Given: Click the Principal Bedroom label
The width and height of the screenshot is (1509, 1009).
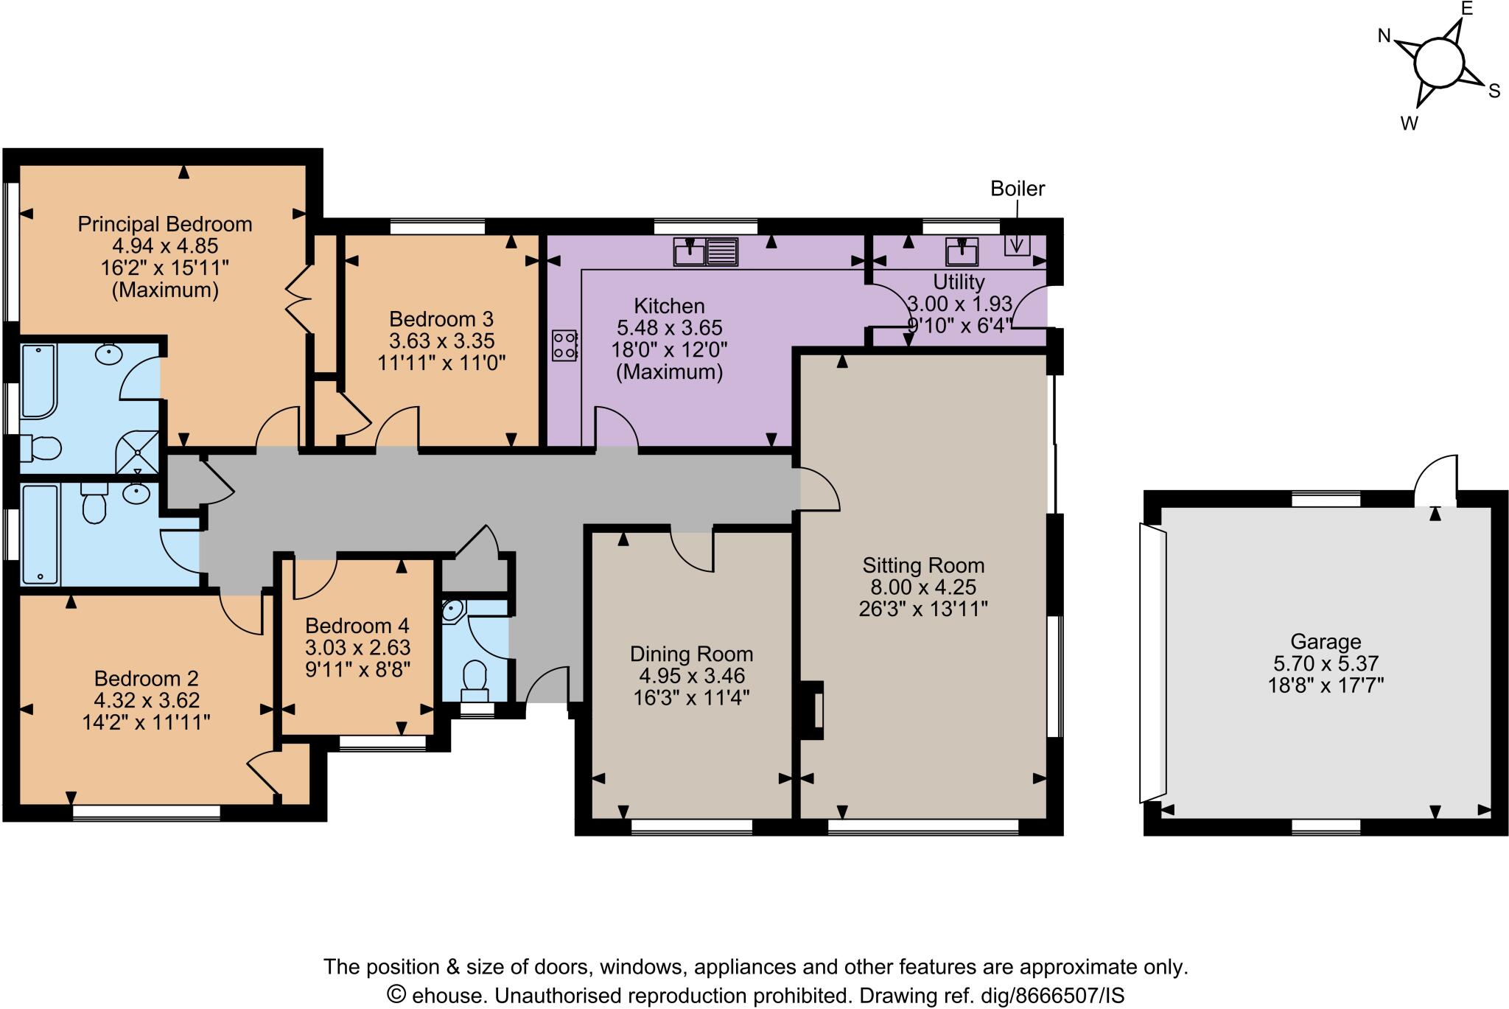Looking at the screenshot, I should (165, 224).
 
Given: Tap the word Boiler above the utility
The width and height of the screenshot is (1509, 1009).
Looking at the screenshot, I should (1017, 189).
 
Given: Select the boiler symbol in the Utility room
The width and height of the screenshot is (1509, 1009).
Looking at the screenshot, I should (1017, 244).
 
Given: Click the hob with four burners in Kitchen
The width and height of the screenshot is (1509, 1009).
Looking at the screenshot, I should (564, 346).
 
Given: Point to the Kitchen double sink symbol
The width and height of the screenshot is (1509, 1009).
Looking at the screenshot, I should (705, 252).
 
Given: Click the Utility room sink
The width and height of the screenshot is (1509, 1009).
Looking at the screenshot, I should (962, 252).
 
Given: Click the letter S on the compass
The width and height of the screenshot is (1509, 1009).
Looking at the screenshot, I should (1494, 91).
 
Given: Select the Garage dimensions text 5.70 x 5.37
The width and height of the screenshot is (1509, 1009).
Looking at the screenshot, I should (1325, 663).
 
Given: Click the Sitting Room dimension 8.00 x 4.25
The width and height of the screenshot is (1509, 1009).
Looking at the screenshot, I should (923, 587).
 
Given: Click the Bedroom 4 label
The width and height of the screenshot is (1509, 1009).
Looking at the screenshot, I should (357, 626).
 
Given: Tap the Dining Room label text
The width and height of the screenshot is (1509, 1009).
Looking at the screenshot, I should (691, 654).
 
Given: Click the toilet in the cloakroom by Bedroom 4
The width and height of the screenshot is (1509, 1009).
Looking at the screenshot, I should (475, 680).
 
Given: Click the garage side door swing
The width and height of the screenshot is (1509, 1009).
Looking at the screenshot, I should (1435, 478).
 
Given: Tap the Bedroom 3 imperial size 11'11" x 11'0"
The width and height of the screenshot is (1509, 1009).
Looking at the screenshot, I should (441, 363).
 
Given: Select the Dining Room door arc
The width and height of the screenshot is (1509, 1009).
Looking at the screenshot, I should (691, 549).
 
